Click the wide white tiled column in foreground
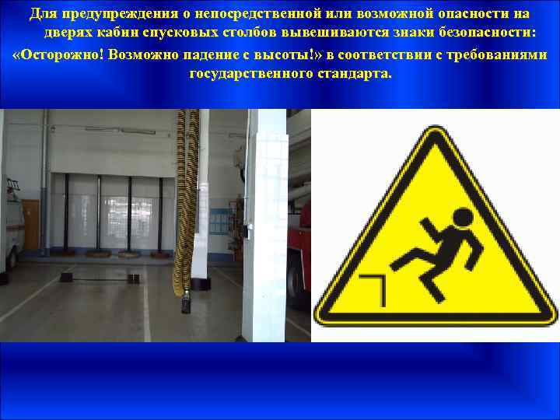tap(264, 226)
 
